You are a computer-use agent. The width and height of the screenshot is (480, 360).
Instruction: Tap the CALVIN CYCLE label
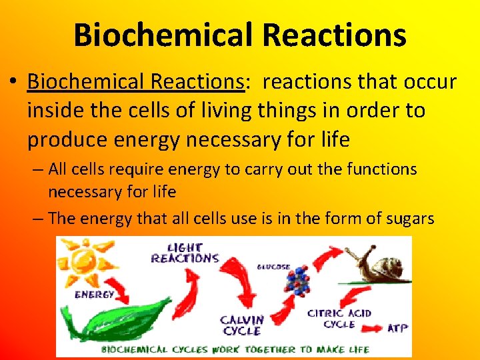(x=242, y=325)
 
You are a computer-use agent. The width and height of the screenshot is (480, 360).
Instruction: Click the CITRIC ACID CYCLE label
(x=339, y=319)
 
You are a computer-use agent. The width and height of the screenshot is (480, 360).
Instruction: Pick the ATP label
(x=397, y=328)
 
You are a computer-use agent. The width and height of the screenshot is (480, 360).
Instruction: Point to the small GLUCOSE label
(x=273, y=267)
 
